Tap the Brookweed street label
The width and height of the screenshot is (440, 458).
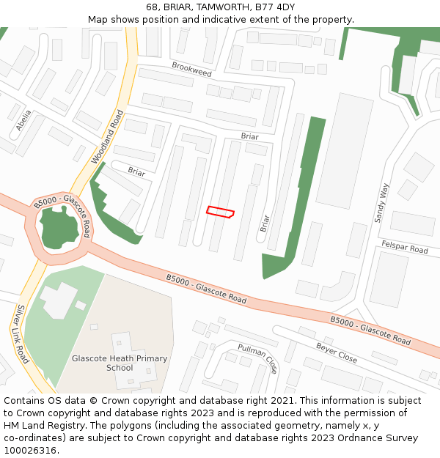pos(191,70)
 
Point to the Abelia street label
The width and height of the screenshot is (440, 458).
pos(24,120)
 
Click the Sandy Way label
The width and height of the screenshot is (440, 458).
pos(381,203)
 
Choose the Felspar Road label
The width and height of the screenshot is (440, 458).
pos(404,246)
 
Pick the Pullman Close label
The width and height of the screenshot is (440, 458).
pos(257,357)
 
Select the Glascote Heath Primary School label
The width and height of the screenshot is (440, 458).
pos(120,363)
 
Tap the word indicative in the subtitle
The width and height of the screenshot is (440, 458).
pos(240,20)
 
